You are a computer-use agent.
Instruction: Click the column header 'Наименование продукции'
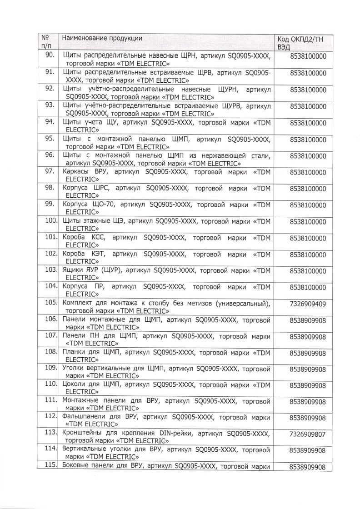point(102,38)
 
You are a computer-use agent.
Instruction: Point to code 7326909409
point(308,304)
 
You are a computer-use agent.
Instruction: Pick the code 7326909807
point(308,434)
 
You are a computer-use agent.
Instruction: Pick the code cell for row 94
point(308,123)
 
